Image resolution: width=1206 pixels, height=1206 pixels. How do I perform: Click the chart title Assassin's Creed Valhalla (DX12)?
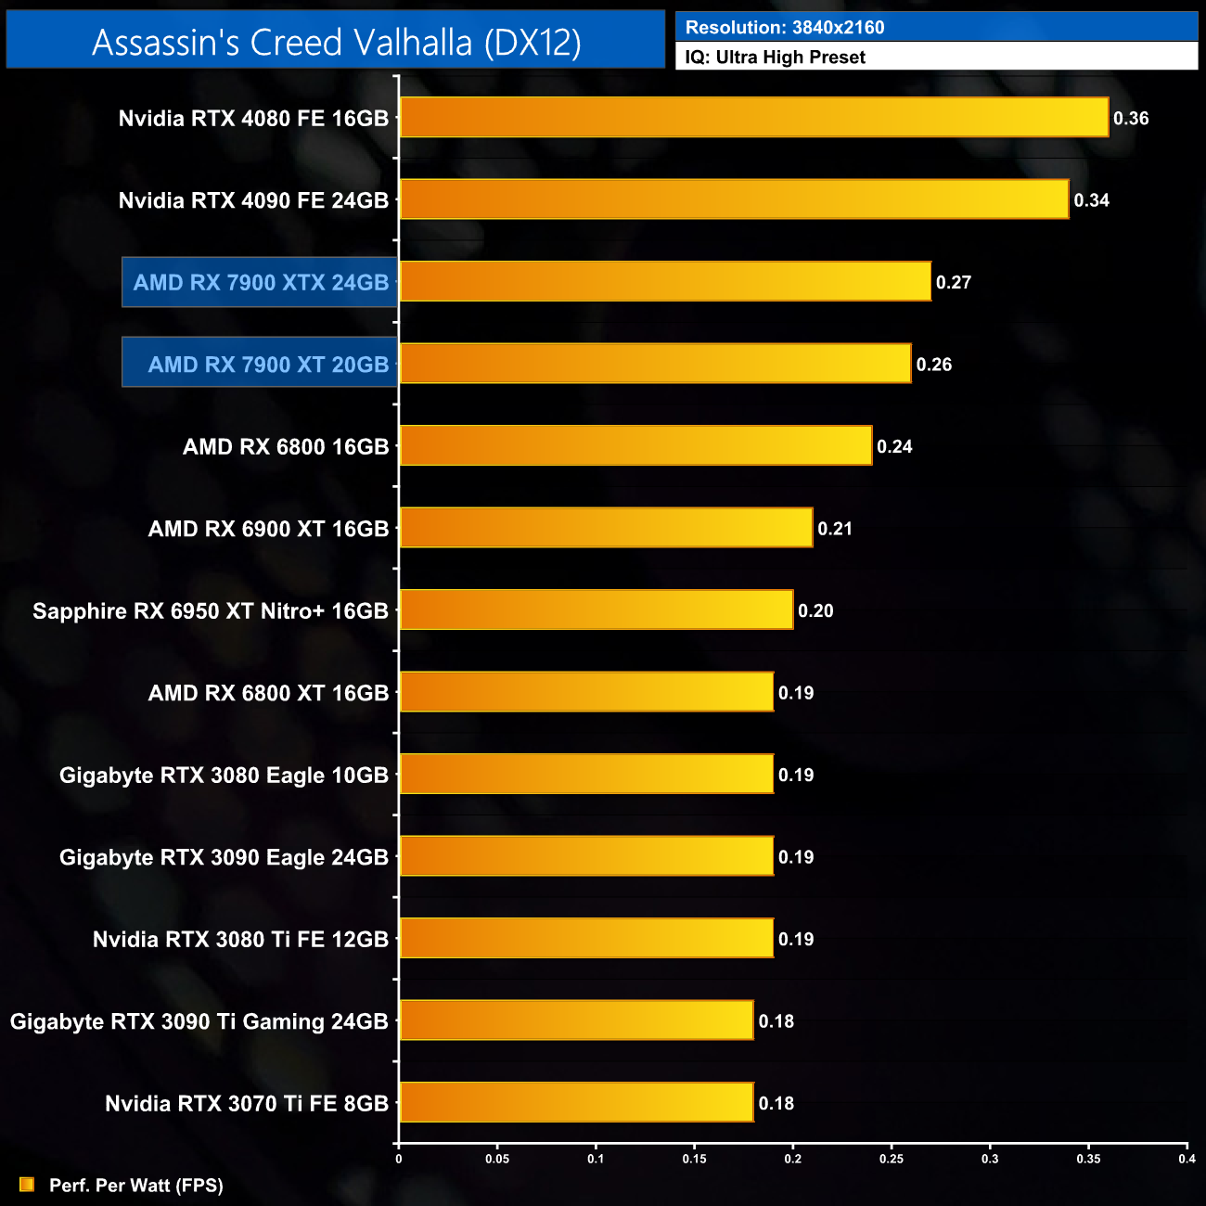(336, 42)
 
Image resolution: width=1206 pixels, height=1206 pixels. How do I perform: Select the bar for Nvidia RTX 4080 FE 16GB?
(753, 118)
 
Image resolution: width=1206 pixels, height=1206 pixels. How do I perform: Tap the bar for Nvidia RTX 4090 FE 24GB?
(734, 199)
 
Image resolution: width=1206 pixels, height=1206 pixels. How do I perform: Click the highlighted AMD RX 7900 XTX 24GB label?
(261, 282)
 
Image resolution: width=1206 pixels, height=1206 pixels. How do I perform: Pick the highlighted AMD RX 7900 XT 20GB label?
(268, 364)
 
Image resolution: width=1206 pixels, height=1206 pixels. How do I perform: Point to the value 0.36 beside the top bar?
(1131, 119)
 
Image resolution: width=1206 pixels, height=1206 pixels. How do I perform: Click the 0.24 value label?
(894, 446)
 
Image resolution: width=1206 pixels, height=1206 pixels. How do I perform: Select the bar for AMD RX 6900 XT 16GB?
(606, 528)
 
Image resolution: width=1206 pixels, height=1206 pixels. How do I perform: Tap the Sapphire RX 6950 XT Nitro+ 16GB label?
(211, 610)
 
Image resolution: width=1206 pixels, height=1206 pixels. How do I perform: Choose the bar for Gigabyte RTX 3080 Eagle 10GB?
(586, 774)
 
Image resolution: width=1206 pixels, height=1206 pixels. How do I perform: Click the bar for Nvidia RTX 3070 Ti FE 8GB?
(576, 1102)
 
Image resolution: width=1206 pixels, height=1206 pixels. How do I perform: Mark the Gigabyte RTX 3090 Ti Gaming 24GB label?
(199, 1021)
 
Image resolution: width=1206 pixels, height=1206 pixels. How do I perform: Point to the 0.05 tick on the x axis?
(497, 1159)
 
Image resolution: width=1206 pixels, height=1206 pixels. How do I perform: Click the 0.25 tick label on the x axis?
(892, 1159)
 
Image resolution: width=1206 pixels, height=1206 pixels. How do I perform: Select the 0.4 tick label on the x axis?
(1187, 1159)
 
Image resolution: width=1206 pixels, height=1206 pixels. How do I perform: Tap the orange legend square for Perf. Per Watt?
(27, 1185)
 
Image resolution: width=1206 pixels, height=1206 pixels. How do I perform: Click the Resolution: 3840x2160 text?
(785, 28)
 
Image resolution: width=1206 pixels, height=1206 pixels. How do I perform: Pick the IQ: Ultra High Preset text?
(776, 58)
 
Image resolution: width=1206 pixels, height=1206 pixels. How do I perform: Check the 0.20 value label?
(815, 610)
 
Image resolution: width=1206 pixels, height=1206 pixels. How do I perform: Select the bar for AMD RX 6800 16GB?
(635, 445)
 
